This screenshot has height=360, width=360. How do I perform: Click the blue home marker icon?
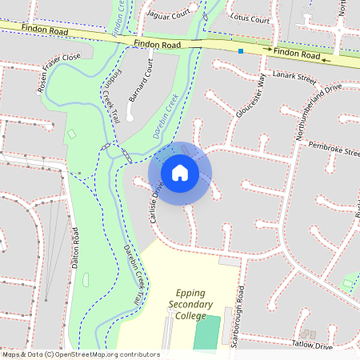180,172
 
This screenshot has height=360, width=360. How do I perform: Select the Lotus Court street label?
250,17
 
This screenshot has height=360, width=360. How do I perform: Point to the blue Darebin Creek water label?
166,118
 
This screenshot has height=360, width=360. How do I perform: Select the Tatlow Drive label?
311,346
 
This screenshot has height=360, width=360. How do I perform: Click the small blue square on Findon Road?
240,51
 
